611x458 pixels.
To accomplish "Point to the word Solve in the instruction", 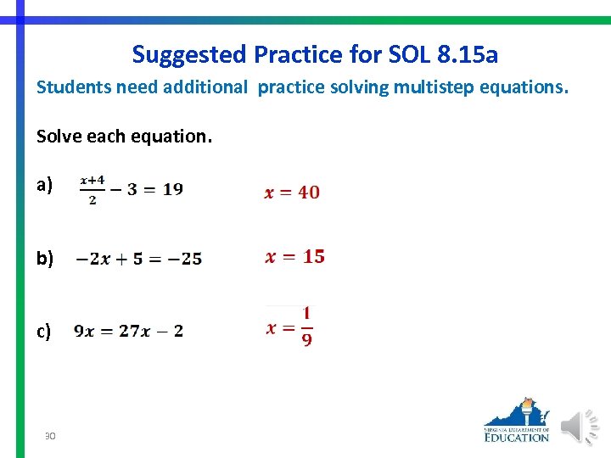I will pyautogui.click(x=56, y=135).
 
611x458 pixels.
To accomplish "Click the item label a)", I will pyautogui.click(x=44, y=185).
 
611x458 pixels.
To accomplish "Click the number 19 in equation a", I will pyautogui.click(x=172, y=189).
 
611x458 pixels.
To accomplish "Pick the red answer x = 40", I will pyautogui.click(x=292, y=193).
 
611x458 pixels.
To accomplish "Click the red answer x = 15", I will pyautogui.click(x=294, y=256).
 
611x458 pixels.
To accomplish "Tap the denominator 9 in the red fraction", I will pyautogui.click(x=306, y=339).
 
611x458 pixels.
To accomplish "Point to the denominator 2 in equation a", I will pyautogui.click(x=92, y=200).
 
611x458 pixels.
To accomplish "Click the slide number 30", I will pyautogui.click(x=50, y=435).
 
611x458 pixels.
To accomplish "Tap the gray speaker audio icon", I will pyautogui.click(x=581, y=427).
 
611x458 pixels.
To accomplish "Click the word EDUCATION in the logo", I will pyautogui.click(x=517, y=437).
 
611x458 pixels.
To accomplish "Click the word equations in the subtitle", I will pyautogui.click(x=526, y=87).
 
